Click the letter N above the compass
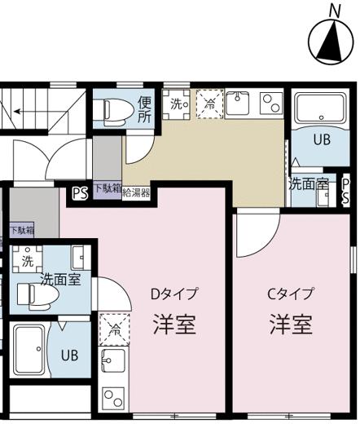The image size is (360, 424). [x=335, y=11]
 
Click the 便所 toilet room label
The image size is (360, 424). [x=144, y=109]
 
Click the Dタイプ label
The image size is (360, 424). [x=174, y=294]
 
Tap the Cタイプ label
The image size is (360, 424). [x=291, y=294]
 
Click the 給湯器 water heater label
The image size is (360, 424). [x=136, y=193]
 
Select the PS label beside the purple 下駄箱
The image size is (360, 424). [x=81, y=193]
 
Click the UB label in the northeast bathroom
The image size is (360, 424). [x=322, y=139]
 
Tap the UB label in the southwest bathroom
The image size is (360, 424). [x=70, y=355]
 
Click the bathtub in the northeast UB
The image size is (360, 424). [x=321, y=108]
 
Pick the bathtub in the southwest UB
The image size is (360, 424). [x=29, y=349]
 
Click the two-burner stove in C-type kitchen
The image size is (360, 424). [x=271, y=104]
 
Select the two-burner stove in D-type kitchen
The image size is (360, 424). [x=113, y=398]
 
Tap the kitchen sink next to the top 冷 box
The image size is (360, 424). [x=238, y=103]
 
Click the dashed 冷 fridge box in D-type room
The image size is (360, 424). [x=114, y=329]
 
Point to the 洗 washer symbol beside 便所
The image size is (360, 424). [x=176, y=104]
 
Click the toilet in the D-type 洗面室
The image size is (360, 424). [x=38, y=295]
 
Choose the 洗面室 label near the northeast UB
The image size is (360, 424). [x=309, y=184]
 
